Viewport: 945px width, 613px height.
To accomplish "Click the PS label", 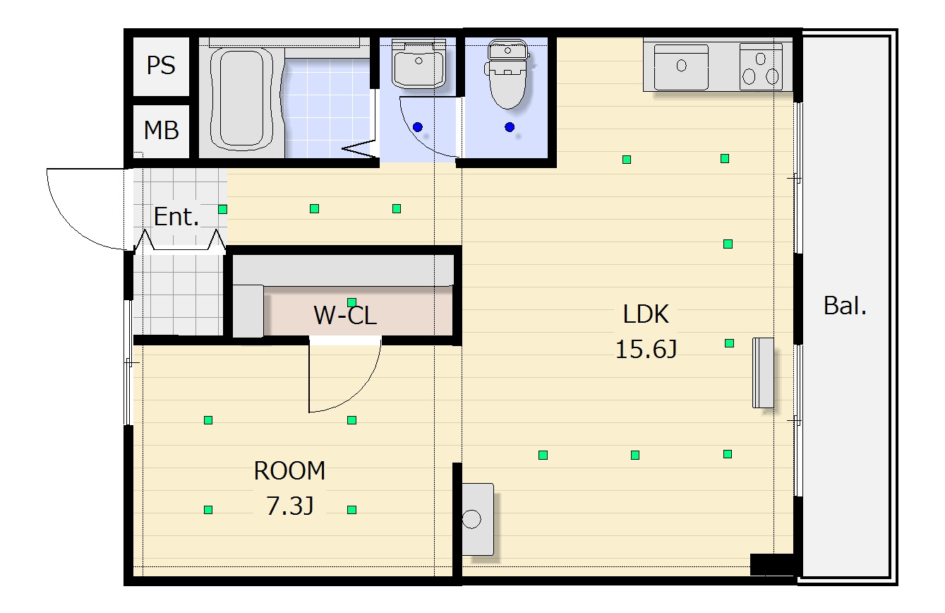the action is (161, 66).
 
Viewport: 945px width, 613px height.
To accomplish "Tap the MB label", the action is (161, 130).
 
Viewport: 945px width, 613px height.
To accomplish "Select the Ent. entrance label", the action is (176, 217).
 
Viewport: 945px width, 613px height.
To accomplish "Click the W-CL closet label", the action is (345, 316).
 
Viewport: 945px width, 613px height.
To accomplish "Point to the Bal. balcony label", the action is (845, 306).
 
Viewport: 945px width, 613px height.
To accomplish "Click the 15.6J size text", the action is (646, 350).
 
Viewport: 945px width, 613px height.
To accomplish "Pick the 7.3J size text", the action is (290, 506).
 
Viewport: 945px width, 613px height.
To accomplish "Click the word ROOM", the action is (289, 471).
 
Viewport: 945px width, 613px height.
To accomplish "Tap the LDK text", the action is (646, 314).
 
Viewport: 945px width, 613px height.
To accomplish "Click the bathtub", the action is (242, 100).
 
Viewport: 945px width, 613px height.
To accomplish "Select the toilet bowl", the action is (507, 75).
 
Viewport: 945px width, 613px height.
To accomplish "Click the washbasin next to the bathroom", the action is (419, 64).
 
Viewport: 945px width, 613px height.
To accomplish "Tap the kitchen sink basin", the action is (681, 66).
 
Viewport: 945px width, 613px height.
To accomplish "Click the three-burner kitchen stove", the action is (761, 66).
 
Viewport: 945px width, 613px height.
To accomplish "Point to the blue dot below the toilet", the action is (510, 126).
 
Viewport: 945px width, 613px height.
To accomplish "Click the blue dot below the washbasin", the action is (418, 126).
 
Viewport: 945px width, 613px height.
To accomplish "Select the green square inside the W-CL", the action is (352, 303).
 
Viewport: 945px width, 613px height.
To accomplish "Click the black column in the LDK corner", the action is (772, 564).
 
